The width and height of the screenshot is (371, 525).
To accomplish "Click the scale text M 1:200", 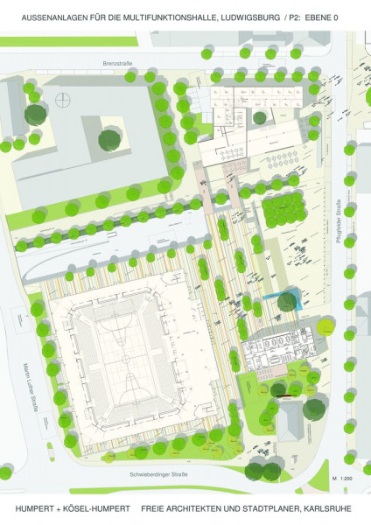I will (x=342, y=479).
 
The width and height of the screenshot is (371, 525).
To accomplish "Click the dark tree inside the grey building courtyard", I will (x=109, y=138).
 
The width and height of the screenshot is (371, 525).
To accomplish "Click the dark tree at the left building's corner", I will (x=35, y=114).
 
